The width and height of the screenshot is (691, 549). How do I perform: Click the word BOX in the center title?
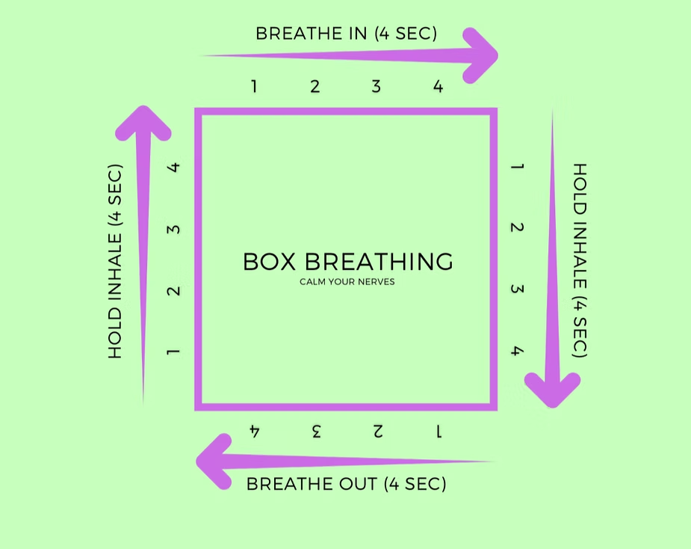click(270, 262)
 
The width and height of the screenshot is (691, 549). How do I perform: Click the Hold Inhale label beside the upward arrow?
click(115, 261)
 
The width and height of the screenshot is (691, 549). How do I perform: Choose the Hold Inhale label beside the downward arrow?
click(580, 260)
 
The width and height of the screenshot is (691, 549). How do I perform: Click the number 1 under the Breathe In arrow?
click(254, 87)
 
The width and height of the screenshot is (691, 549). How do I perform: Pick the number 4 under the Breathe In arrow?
click(438, 87)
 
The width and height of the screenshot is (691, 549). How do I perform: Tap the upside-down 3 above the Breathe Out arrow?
click(316, 431)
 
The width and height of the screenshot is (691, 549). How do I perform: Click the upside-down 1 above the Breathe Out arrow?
click(439, 431)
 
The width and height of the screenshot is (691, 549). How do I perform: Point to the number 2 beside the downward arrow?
click(516, 227)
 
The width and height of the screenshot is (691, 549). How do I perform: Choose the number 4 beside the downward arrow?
click(516, 351)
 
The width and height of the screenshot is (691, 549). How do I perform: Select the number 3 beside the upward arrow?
click(174, 227)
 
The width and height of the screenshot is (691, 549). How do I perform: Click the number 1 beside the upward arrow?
click(174, 351)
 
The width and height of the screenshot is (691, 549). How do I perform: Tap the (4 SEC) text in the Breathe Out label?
click(415, 484)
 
